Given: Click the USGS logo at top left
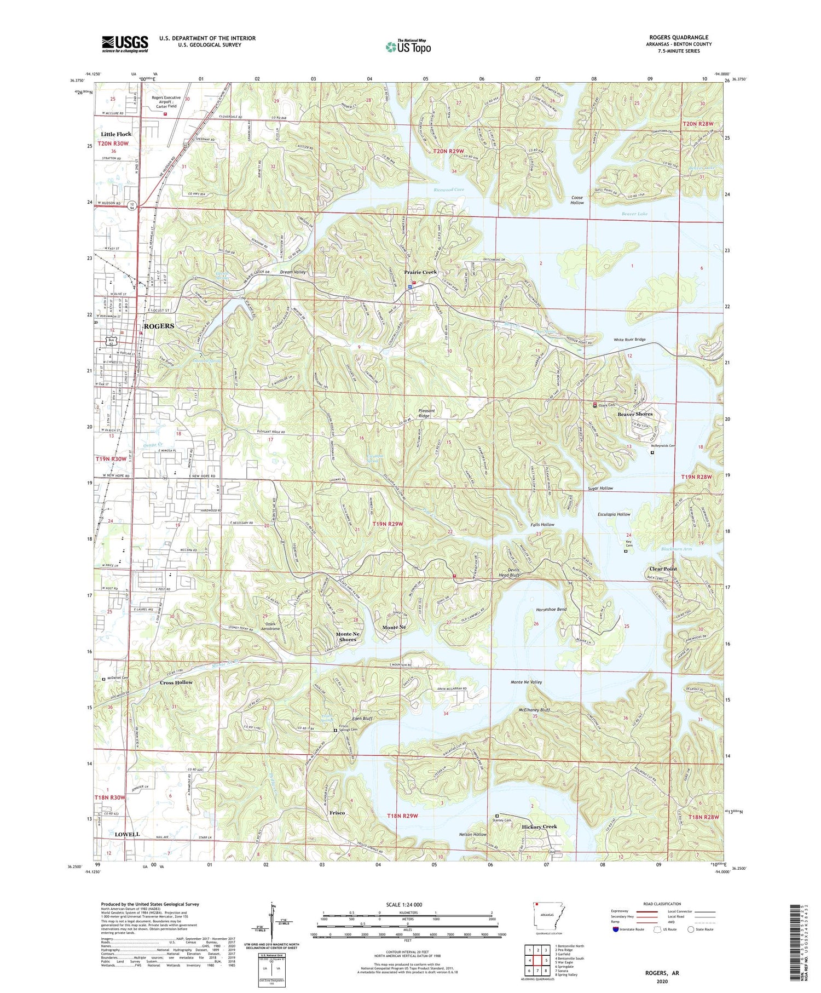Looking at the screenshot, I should coord(125,44).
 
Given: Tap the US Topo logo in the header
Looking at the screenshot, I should coord(408,47).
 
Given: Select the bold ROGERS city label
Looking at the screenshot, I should coord(159,326).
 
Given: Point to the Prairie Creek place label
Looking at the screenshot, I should coord(420,272).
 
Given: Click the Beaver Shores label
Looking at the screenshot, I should coord(635,414).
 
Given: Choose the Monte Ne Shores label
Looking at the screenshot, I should coord(347,636).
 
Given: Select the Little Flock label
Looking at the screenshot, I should coord(116,134).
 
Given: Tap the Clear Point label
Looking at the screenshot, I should coord(662,569).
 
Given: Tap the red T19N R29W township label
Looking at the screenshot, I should coord(388,524).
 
